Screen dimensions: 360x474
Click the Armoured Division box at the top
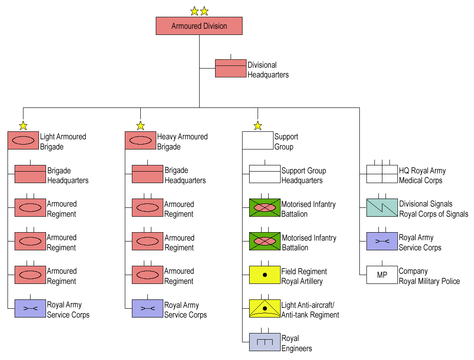click(199, 26)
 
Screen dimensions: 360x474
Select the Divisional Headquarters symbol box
click(231, 69)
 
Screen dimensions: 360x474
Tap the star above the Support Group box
click(258, 126)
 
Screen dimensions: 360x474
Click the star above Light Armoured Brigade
click(23, 126)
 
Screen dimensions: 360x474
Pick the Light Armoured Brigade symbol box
click(23, 140)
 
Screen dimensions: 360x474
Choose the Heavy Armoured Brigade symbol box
click(140, 140)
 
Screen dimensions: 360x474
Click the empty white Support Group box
click(258, 140)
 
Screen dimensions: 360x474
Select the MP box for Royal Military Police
click(382, 275)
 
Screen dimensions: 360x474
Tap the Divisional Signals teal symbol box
click(382, 208)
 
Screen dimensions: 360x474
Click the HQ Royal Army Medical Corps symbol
click(382, 174)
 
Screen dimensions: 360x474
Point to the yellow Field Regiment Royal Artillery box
click(265, 275)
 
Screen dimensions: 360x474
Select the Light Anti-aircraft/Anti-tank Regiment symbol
click(265, 309)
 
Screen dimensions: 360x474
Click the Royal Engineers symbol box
click(265, 342)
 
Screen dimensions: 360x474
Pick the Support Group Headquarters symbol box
click(265, 174)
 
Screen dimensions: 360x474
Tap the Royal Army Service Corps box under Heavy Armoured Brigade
click(147, 309)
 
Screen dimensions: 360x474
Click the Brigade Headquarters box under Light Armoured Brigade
click(30, 174)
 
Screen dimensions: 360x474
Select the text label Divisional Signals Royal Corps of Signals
click(433, 209)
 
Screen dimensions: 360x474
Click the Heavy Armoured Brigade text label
click(182, 142)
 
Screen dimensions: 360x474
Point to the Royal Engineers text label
click(297, 343)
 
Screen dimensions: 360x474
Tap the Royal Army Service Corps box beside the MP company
click(382, 241)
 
